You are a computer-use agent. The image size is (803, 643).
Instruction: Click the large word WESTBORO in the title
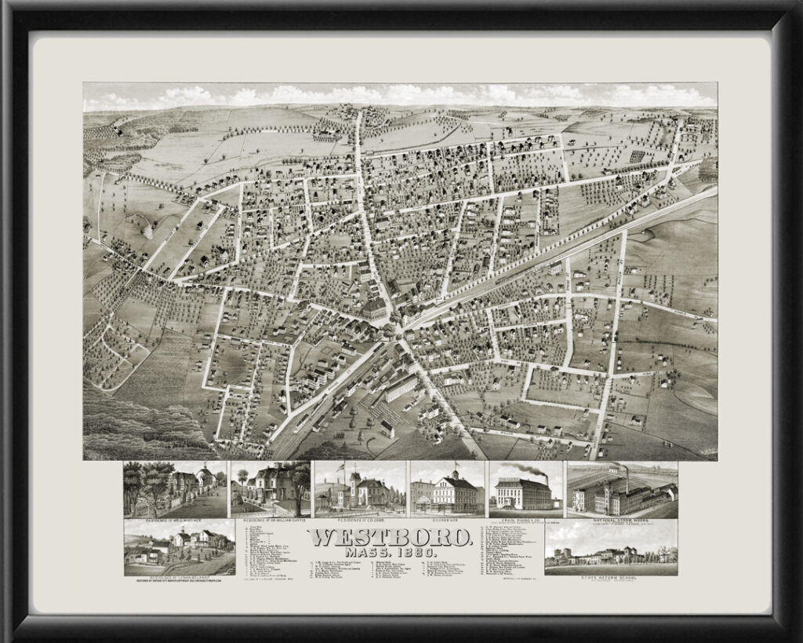389,537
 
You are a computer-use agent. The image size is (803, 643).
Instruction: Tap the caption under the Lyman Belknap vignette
179,577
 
